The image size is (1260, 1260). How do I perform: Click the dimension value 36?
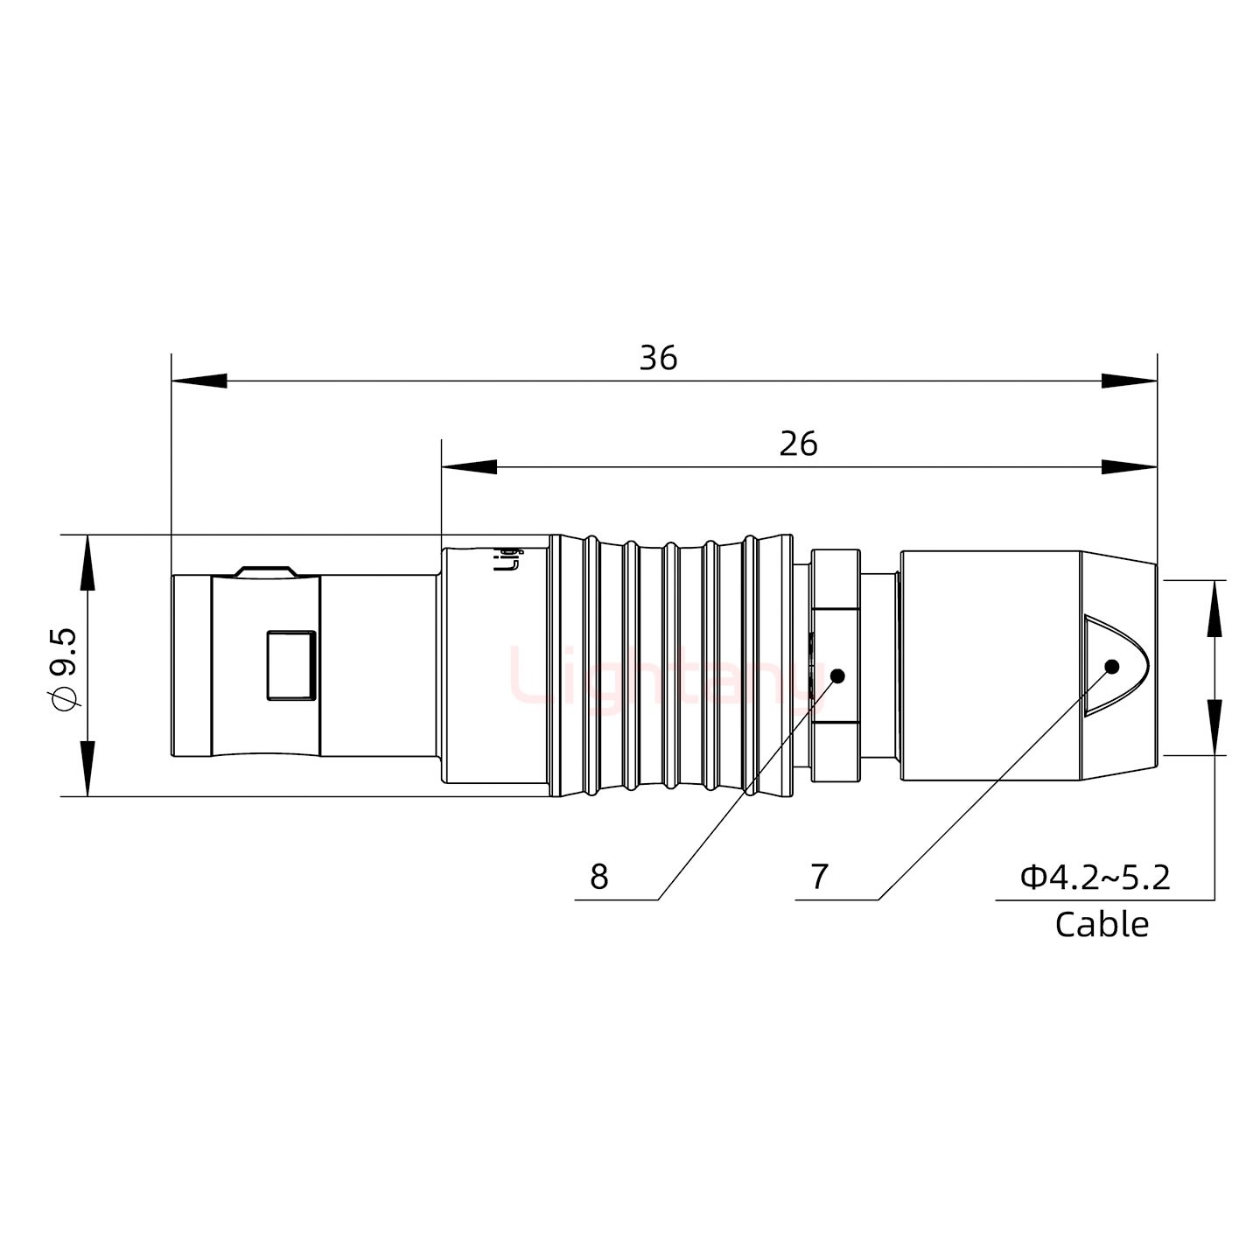(x=658, y=359)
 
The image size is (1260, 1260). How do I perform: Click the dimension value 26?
(x=798, y=444)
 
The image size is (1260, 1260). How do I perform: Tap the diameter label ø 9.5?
(x=66, y=668)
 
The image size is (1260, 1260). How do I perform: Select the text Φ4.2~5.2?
(x=1095, y=876)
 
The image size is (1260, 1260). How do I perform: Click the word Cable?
(x=1102, y=924)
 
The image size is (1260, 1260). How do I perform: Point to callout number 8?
(x=598, y=877)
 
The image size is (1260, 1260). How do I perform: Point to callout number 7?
(x=819, y=877)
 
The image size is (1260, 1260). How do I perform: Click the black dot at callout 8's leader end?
(x=836, y=676)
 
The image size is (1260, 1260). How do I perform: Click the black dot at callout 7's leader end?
(x=1112, y=666)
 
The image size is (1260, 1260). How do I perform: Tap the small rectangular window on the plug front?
(x=290, y=665)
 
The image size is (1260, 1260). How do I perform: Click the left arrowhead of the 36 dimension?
(x=198, y=381)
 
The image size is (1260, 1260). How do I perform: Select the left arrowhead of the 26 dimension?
(x=468, y=467)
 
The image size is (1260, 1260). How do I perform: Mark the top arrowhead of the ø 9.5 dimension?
(x=87, y=562)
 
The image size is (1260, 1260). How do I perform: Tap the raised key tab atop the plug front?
(x=265, y=570)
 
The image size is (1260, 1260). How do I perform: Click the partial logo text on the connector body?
(x=507, y=558)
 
